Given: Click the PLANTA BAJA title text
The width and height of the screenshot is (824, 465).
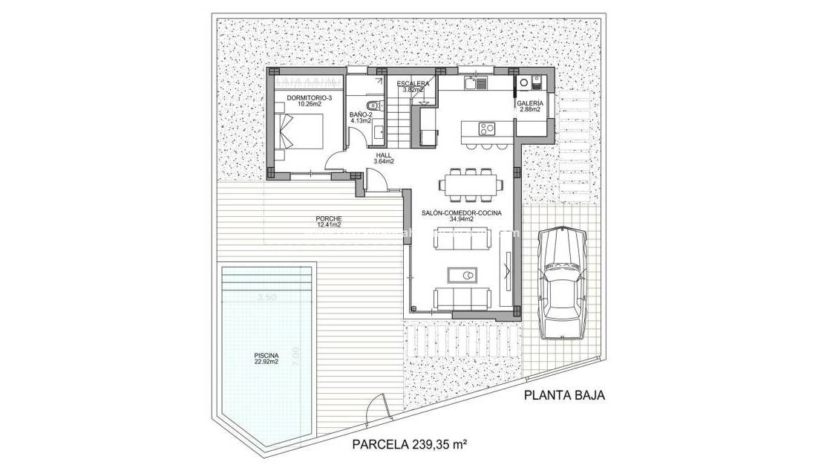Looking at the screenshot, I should (564, 395).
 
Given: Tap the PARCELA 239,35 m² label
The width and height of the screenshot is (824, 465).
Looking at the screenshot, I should (409, 444).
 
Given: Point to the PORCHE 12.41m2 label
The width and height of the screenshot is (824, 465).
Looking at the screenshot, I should (329, 221).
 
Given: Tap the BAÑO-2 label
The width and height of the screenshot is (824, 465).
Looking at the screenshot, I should (361, 117).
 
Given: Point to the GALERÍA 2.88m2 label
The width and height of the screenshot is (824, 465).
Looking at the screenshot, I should (530, 106).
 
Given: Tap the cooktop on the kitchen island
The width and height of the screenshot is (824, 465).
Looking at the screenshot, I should (487, 128).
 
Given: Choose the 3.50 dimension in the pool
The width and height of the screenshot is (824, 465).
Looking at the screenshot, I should (266, 298).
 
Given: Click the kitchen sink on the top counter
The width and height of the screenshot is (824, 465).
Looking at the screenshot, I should (473, 84).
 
